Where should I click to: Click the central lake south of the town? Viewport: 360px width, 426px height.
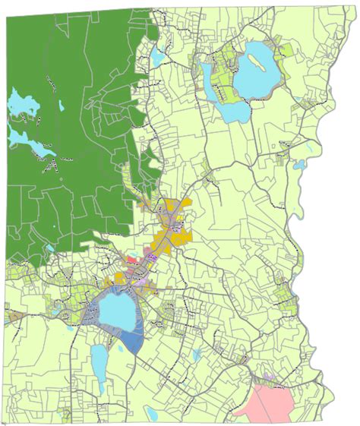[115, 311]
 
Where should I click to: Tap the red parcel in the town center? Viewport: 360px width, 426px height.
[132, 260]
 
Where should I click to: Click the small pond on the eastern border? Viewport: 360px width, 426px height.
[298, 163]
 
